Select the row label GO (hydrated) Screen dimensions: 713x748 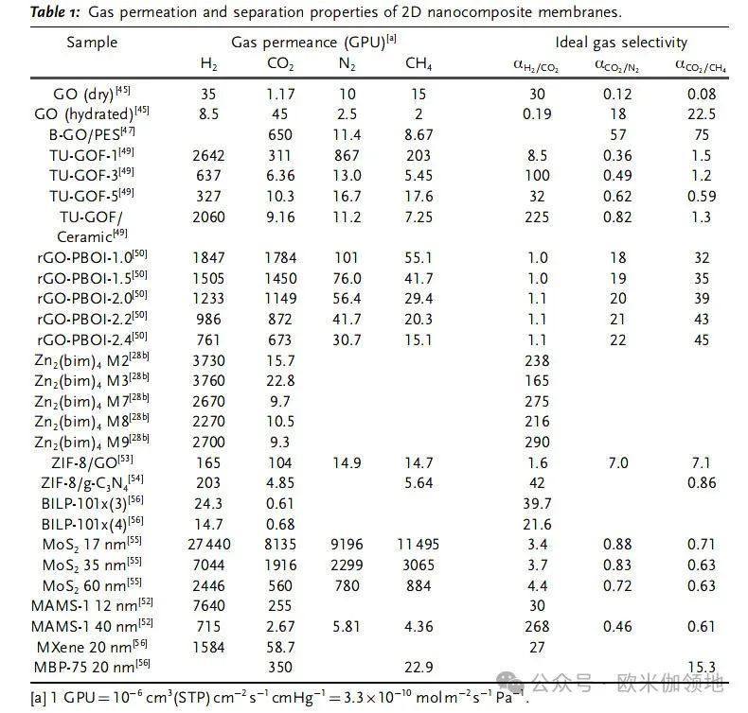pyautogui.click(x=101, y=113)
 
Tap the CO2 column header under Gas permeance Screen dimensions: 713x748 pyautogui.click(x=281, y=64)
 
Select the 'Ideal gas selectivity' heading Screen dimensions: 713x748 pyautogui.click(x=621, y=42)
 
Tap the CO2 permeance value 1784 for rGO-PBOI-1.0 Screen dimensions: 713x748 pyautogui.click(x=281, y=258)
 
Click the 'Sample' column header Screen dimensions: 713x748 pyautogui.click(x=92, y=42)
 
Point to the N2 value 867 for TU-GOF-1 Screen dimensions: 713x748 pyautogui.click(x=347, y=155)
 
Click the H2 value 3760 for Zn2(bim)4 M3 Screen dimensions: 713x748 pyautogui.click(x=209, y=379)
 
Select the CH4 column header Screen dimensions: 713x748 pyautogui.click(x=419, y=64)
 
